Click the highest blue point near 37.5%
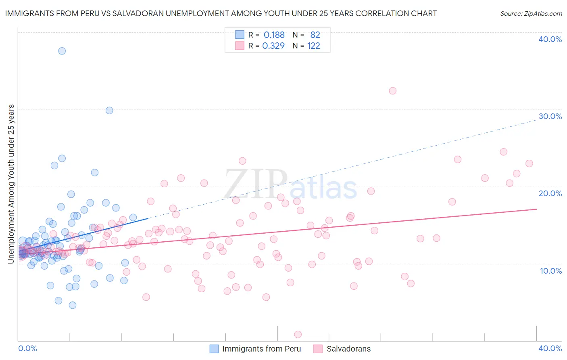[62, 51]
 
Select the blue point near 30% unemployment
[109, 111]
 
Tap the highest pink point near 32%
[392, 91]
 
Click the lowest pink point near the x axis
[298, 334]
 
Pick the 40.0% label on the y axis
[550, 39]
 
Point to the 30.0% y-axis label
[550, 116]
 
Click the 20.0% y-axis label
[550, 193]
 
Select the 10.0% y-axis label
[551, 271]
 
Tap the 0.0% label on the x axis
[27, 348]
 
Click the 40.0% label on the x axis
[550, 348]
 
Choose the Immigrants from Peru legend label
[261, 349]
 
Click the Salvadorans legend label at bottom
[348, 349]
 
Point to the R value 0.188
[274, 35]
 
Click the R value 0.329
[273, 46]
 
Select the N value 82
[315, 35]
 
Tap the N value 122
[313, 46]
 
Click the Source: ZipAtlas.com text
[531, 13]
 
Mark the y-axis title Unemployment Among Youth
[11, 184]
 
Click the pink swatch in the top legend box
[240, 46]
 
